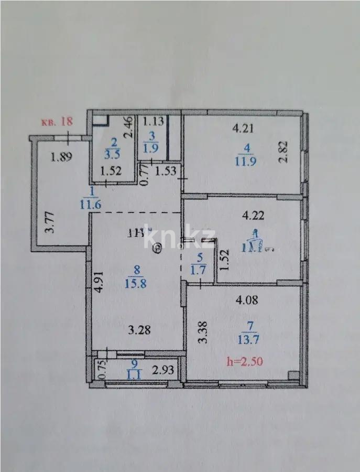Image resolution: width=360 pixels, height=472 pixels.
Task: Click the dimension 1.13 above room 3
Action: [x=154, y=121]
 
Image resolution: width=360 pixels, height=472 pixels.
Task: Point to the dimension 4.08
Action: [x=246, y=301]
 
